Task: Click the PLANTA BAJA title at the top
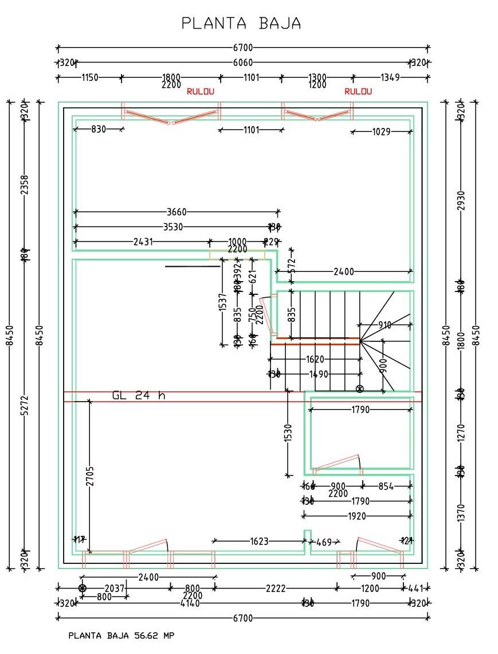click(x=241, y=23)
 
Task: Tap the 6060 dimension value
click(x=242, y=63)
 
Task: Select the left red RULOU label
click(x=201, y=91)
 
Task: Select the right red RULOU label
click(x=358, y=91)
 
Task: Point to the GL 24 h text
click(x=139, y=395)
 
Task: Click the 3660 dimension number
click(x=177, y=212)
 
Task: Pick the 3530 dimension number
click(x=173, y=227)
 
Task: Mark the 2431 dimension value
click(x=143, y=242)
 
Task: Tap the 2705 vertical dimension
click(x=90, y=476)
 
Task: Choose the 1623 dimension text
click(x=259, y=540)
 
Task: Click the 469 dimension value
click(x=324, y=542)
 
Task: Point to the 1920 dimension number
click(x=356, y=516)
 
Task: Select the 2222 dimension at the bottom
click(x=276, y=588)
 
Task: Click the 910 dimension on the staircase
click(x=385, y=325)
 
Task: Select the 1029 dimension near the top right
click(x=381, y=132)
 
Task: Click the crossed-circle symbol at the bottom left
click(x=82, y=588)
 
